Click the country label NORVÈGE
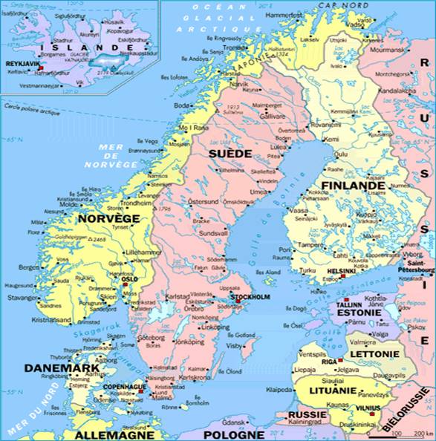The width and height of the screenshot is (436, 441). pyautogui.click(x=108, y=219)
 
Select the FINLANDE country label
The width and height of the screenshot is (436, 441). pyautogui.click(x=348, y=184)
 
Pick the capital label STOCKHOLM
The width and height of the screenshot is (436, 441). pyautogui.click(x=251, y=298)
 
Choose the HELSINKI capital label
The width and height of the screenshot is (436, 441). pyautogui.click(x=342, y=271)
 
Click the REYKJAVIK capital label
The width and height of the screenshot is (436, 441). pyautogui.click(x=22, y=64)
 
